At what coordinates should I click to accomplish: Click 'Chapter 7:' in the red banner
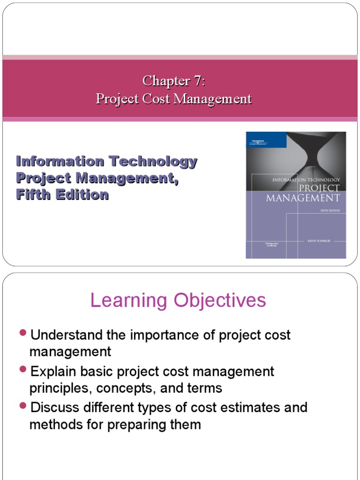(x=174, y=81)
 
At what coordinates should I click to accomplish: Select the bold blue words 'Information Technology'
(x=106, y=162)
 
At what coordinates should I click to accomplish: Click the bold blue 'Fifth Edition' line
(x=62, y=195)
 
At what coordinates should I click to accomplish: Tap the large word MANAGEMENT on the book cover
(x=303, y=198)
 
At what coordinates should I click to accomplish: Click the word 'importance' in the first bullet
(x=166, y=335)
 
